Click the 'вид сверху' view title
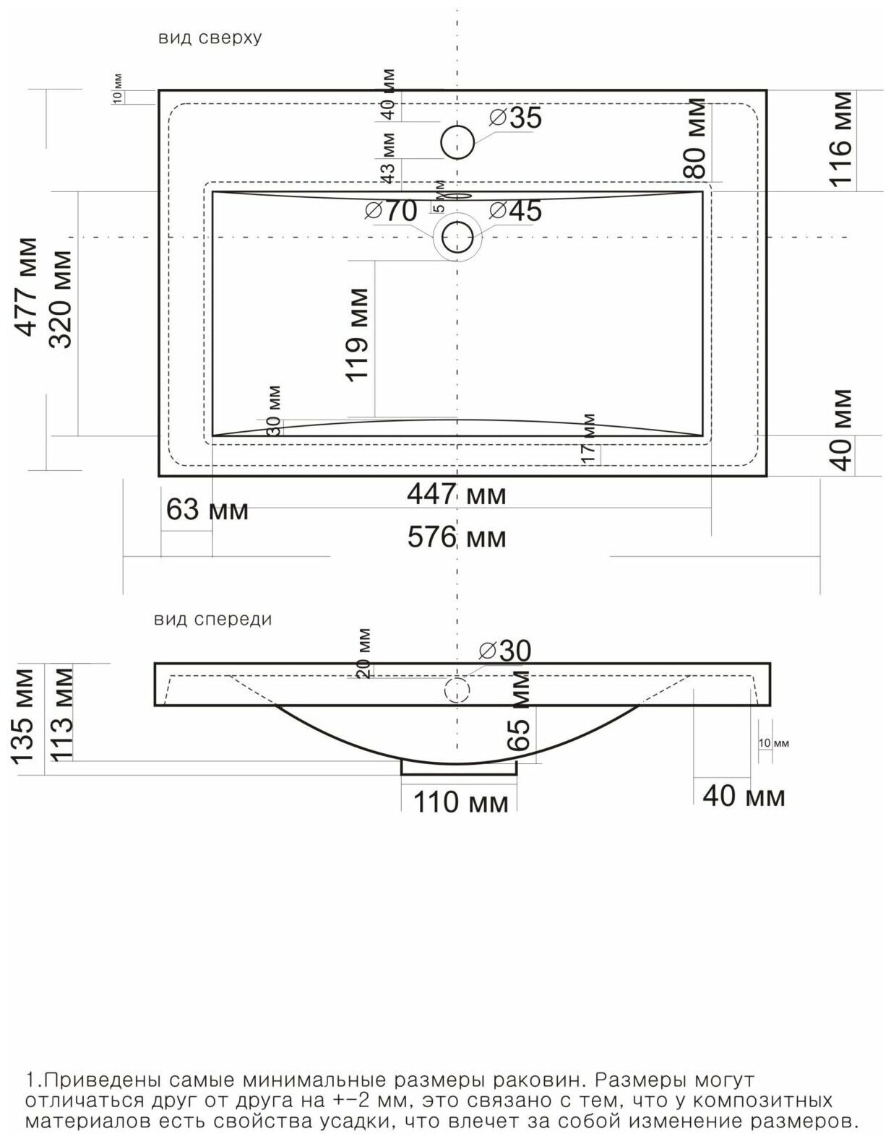point(210,38)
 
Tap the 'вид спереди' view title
point(212,620)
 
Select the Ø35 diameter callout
point(515,118)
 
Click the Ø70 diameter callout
point(390,211)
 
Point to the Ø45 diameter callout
point(515,211)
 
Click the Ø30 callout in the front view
point(504,651)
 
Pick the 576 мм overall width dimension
point(457,537)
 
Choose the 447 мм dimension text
point(457,494)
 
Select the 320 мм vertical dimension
point(60,299)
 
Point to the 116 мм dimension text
point(841,139)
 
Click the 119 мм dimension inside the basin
point(357,334)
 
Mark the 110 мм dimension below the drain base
point(461,802)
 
